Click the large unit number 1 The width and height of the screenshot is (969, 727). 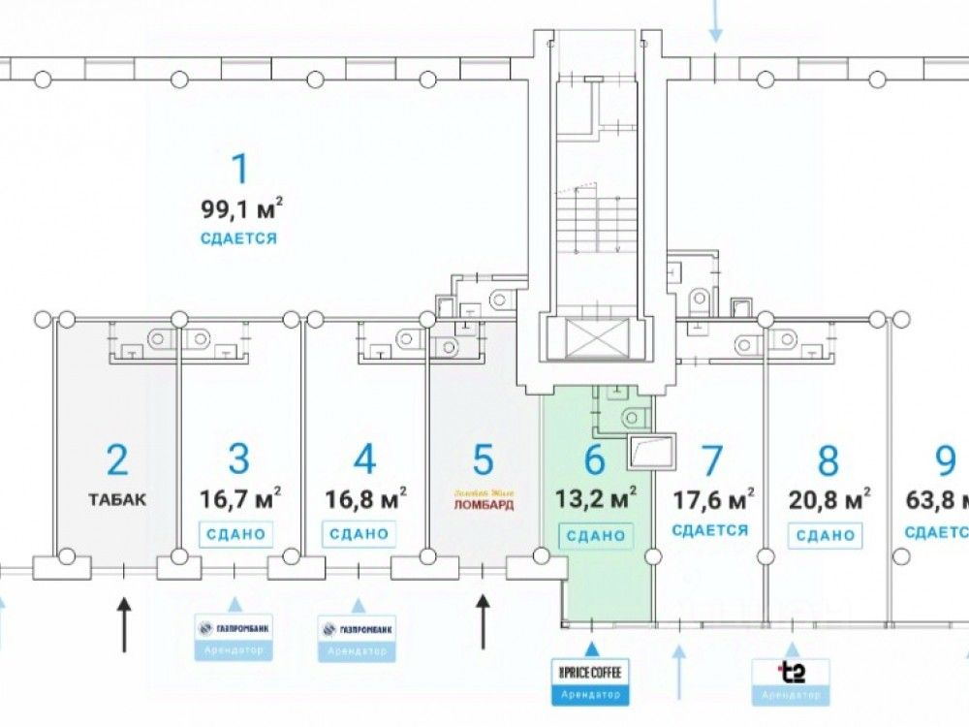pos(239,169)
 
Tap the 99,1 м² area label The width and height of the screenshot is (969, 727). pos(241,207)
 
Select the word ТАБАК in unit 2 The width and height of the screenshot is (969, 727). pos(117,500)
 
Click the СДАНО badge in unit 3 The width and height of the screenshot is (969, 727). pos(234,534)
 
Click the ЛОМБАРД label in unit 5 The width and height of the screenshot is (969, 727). pos(483,506)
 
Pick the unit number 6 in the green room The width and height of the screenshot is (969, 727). pos(594,459)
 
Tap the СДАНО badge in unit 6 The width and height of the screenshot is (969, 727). pos(595,535)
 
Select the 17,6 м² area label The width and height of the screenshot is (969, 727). pos(713,499)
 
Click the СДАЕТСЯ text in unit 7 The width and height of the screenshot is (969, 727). pos(710,530)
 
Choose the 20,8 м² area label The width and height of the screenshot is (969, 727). pos(828,499)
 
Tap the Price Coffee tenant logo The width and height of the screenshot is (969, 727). pos(590,672)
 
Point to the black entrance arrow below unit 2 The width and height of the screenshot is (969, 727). pos(124,625)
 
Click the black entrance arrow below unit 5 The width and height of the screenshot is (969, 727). pos(484,621)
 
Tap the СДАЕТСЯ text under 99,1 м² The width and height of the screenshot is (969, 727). pos(239,237)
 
